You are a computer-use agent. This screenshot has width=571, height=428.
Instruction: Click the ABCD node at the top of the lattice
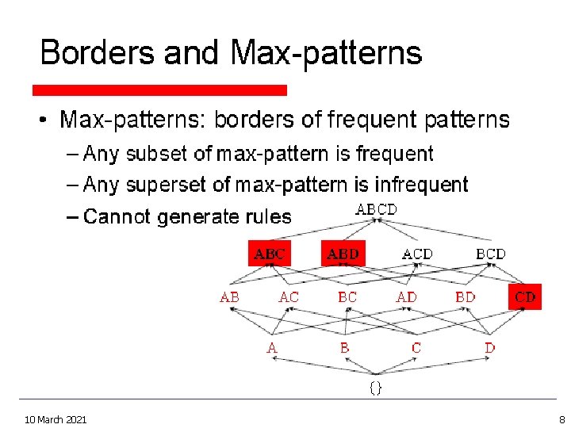[x=376, y=209]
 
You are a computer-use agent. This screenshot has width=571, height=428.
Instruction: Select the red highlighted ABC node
[x=270, y=254]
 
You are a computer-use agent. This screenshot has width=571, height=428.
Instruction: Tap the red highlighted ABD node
[x=343, y=254]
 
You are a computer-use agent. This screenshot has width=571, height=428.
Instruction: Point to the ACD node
[x=417, y=254]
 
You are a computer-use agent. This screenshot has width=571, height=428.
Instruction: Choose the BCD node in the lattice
[x=490, y=254]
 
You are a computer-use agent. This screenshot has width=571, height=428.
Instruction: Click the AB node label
[x=230, y=297]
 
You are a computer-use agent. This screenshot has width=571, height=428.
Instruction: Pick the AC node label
[x=289, y=297]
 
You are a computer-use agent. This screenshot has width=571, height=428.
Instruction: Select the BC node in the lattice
[x=347, y=297]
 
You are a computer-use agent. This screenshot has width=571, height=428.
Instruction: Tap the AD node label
[x=407, y=297]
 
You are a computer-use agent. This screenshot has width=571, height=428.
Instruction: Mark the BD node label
[x=466, y=297]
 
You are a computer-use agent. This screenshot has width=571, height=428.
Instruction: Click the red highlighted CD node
[x=525, y=297]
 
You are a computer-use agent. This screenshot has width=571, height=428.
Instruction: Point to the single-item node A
[x=272, y=347]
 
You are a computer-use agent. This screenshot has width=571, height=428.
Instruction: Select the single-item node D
[x=490, y=347]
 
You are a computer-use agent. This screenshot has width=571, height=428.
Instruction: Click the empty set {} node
[x=376, y=388]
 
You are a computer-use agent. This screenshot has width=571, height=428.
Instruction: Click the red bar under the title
[x=159, y=90]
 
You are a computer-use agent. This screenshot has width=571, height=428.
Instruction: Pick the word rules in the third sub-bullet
[x=268, y=216]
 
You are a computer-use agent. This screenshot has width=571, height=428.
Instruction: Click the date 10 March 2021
[x=56, y=418]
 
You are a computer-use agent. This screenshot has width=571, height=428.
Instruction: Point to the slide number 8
[x=561, y=418]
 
